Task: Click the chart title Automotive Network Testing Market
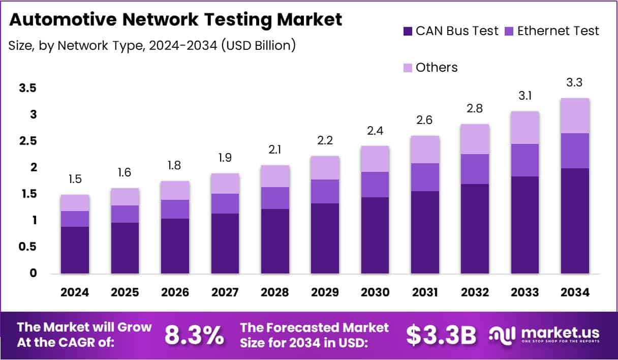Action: coord(175,20)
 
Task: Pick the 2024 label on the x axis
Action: coord(75,292)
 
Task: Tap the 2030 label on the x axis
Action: coord(375,292)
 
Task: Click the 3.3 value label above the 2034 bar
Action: coord(575,82)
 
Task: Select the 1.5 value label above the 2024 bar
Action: coord(75,179)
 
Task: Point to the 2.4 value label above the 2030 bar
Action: coord(375,131)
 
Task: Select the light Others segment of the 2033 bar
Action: coord(525,127)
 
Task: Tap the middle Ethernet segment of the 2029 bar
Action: coord(325,191)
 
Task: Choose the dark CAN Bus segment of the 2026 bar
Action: coord(175,246)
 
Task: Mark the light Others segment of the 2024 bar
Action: coord(75,202)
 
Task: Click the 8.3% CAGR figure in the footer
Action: coord(194,335)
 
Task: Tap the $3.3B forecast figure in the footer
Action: coord(441,335)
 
